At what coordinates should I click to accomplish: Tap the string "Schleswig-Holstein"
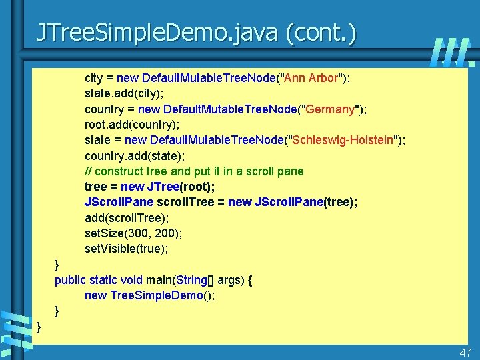click(343, 140)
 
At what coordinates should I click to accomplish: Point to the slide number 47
click(465, 353)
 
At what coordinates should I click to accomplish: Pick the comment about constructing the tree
click(194, 171)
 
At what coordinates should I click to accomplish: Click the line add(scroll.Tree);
click(127, 218)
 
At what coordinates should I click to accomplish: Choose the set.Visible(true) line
click(127, 249)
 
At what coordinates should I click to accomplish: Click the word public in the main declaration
click(70, 280)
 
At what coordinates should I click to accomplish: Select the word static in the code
click(103, 280)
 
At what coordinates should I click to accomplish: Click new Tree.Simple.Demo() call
click(149, 295)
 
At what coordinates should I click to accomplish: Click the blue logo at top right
click(451, 52)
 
